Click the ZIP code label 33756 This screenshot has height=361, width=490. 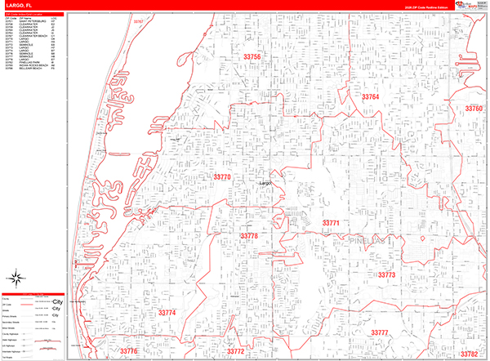252,56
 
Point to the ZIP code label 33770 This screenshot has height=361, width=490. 222,176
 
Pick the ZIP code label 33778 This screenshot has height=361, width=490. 249,236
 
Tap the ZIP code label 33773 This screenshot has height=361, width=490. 386,275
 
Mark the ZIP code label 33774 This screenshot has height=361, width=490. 167,314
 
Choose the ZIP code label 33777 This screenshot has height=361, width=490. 379,333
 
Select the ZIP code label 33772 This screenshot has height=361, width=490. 235,352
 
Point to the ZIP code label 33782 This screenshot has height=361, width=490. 468,354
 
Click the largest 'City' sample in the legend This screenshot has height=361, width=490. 57,301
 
